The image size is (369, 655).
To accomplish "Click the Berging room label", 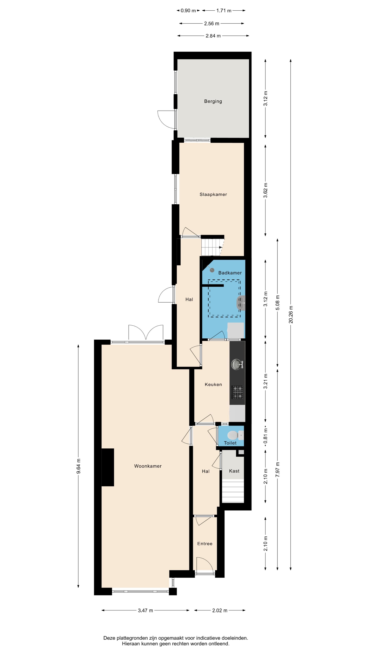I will click(213, 101).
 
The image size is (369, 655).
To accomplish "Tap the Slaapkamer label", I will click(213, 194).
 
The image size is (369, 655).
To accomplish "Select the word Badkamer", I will click(230, 273).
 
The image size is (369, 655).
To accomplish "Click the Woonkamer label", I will click(148, 466).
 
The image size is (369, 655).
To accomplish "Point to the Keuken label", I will click(213, 384).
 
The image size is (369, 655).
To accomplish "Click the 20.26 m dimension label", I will click(291, 315).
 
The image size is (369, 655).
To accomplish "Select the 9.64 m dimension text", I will click(78, 466).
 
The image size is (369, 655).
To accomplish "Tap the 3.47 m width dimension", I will click(145, 610).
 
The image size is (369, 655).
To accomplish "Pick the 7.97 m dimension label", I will click(278, 469).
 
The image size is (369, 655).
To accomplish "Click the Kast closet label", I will click(234, 471).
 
